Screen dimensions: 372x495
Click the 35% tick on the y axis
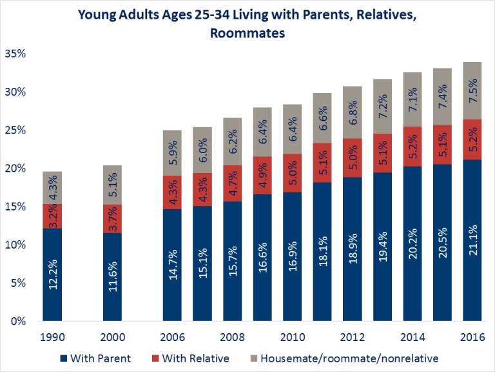(x=15, y=54)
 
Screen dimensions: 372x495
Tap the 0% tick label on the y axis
(x=18, y=321)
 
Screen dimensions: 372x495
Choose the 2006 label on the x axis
(x=172, y=338)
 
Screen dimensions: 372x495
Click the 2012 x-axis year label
(x=353, y=338)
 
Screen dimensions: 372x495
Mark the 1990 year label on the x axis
(x=52, y=338)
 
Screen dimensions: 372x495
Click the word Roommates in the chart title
(x=247, y=33)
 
